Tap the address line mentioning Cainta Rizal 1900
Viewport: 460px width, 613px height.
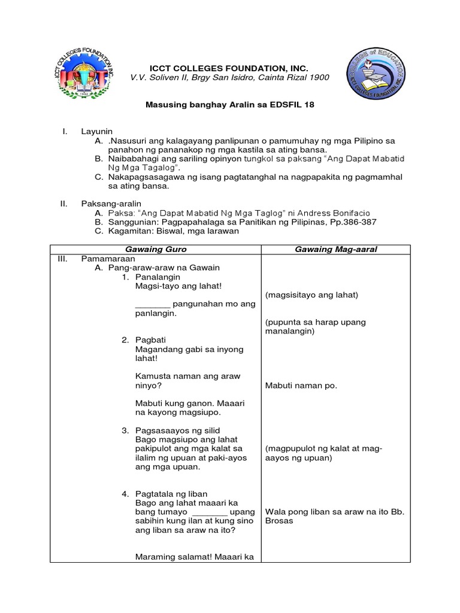click(x=230, y=78)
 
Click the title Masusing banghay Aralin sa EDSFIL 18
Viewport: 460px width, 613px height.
click(x=230, y=104)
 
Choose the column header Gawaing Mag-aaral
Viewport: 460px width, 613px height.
click(x=335, y=249)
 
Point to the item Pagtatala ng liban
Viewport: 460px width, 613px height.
click(x=171, y=494)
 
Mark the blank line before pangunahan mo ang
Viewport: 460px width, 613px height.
click(x=153, y=304)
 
